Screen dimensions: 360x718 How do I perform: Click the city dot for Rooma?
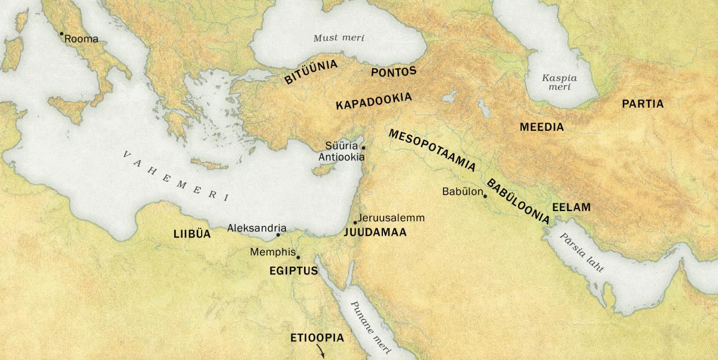61,34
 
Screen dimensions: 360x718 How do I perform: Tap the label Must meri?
339,38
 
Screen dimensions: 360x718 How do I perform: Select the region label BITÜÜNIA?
311,71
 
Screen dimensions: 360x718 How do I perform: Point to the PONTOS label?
393,72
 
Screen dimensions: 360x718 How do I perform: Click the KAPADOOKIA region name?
373,100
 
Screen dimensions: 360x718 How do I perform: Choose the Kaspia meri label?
556,82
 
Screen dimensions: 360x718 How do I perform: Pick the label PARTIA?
643,104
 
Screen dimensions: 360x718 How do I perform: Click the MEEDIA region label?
541,127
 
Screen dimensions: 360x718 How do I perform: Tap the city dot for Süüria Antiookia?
363,147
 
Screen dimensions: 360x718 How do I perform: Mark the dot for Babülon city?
485,196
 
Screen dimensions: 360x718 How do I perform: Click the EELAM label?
571,208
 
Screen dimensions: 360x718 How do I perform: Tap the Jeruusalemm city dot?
355,222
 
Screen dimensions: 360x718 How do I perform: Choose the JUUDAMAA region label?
375,233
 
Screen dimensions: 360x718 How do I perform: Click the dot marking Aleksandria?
278,235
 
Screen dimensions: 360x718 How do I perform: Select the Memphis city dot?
298,258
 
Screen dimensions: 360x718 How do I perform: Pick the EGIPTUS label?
293,271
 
